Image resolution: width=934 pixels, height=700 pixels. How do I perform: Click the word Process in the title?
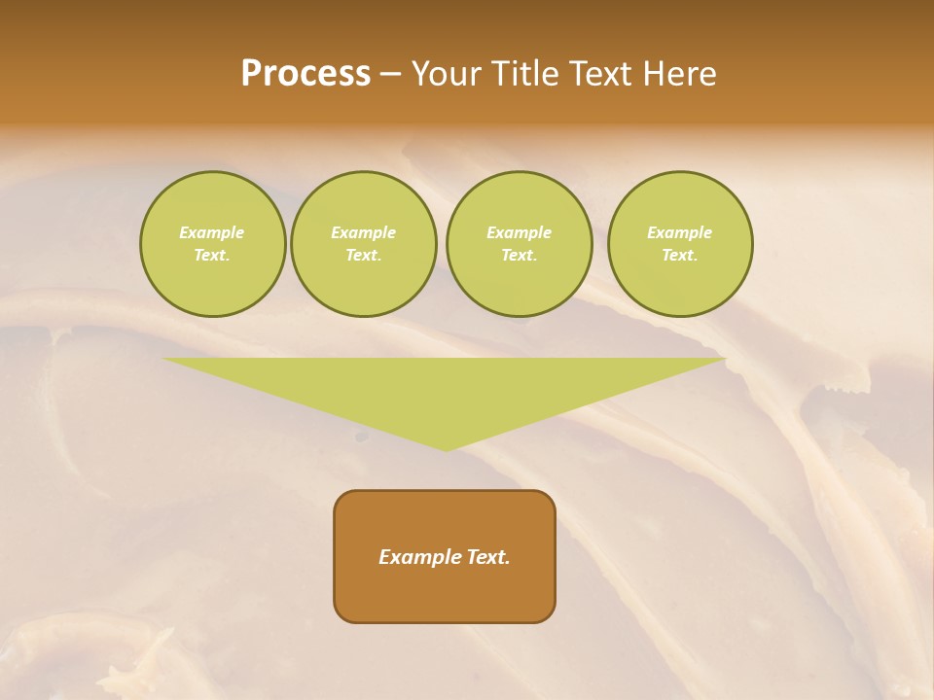pos(305,74)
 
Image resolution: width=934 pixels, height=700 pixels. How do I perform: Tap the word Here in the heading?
pos(677,74)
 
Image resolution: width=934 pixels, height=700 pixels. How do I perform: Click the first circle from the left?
pos(212,244)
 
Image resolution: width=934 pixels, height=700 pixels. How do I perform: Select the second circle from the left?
pos(363,244)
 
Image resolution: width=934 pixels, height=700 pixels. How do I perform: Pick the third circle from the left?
pos(519,244)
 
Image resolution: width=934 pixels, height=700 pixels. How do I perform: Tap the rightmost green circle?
pos(679,244)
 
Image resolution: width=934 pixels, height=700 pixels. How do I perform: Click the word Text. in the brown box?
pos(488,557)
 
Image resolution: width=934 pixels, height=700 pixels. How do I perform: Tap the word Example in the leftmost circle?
pos(212,232)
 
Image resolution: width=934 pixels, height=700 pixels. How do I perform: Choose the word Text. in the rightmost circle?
pos(679,256)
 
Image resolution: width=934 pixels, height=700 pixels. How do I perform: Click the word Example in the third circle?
pos(519,232)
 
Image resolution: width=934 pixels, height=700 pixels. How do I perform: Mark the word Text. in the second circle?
pos(363,256)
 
